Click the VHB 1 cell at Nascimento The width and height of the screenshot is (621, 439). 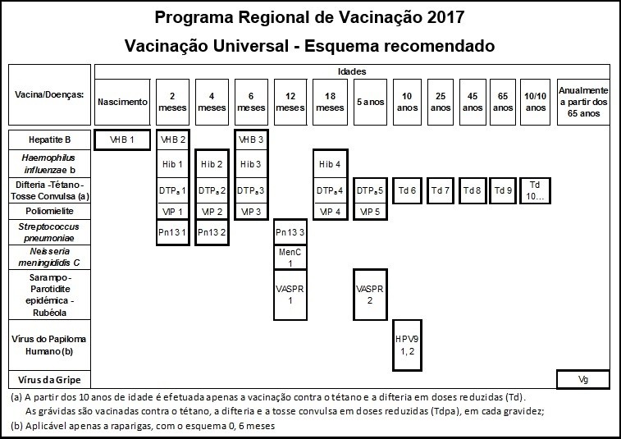pos(123,139)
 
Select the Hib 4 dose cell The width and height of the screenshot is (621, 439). pos(330,164)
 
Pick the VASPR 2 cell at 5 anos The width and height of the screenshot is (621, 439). pos(369,294)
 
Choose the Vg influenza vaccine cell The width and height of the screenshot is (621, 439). pos(582,380)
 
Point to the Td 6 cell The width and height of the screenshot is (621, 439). pos(407,190)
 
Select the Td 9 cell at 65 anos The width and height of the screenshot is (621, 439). pos(504,190)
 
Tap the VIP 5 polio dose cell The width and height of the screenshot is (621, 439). pos(369,212)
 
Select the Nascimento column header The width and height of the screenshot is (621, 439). pos(123,102)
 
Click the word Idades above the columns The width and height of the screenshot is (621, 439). pos(352,72)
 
